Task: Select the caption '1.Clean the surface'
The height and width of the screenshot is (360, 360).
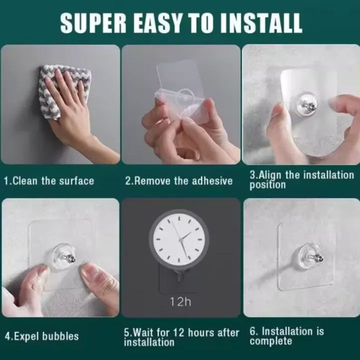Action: pos(49,180)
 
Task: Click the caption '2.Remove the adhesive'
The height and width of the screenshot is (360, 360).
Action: pos(179,180)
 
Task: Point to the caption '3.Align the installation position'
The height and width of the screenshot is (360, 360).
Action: pos(301,180)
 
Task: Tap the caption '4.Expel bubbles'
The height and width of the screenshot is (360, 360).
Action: pos(42,336)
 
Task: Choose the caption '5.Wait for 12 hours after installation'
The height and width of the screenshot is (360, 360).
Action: pos(181,337)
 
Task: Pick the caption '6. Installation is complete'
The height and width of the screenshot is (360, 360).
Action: pos(286,336)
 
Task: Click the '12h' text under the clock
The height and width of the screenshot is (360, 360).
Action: pos(180,301)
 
